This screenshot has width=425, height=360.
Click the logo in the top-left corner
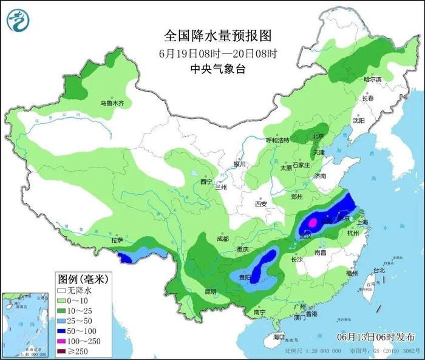18,20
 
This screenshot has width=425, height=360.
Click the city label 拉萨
117,240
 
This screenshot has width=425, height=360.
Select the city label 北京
318,135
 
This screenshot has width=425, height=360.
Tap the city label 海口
279,336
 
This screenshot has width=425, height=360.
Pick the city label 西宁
206,181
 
